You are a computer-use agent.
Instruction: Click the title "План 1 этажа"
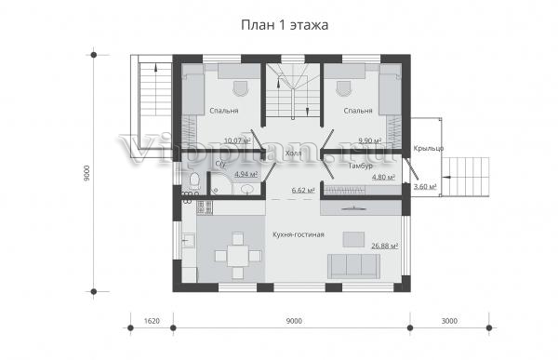(x=285, y=25)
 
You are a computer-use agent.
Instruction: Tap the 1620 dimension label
(x=152, y=321)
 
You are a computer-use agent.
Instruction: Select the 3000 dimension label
(x=449, y=321)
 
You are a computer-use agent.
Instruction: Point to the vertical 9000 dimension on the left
(x=87, y=174)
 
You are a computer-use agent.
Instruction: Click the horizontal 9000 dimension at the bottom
(x=294, y=321)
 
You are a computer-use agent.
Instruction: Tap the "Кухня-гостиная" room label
(x=299, y=234)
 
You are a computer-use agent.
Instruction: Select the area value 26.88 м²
(x=385, y=247)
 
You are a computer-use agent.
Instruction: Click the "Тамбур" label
(x=361, y=166)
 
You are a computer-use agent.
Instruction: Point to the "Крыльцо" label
(x=429, y=149)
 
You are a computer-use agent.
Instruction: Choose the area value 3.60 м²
(x=425, y=186)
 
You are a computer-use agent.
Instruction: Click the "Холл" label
(x=293, y=153)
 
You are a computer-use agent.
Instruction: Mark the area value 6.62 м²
(x=303, y=191)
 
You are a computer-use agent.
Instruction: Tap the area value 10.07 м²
(x=237, y=140)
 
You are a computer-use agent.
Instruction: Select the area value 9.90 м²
(x=370, y=140)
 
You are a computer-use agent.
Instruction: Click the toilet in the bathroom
(x=194, y=180)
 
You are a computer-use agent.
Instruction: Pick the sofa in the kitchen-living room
(x=353, y=266)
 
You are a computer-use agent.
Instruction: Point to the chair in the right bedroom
(x=343, y=88)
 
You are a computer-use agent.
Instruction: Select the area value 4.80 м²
(x=383, y=177)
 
